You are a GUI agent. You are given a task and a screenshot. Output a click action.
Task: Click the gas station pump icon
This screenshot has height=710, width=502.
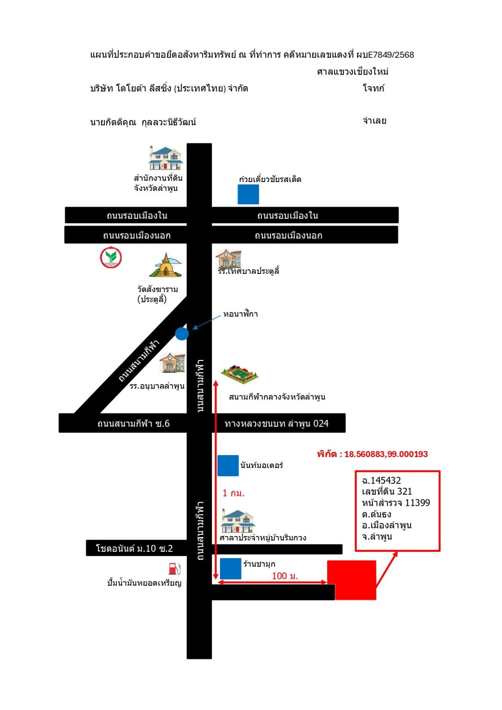click(174, 568)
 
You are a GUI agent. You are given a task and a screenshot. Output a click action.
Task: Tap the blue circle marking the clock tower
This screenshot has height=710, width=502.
click(182, 333)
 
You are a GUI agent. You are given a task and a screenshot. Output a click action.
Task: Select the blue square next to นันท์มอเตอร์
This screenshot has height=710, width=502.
click(228, 466)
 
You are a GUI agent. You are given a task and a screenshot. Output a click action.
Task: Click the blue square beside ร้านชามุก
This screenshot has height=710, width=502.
click(231, 569)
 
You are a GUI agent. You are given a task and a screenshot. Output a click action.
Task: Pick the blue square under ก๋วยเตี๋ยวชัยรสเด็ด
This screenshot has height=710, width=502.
click(248, 195)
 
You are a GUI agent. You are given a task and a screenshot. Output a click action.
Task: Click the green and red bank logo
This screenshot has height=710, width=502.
click(111, 258)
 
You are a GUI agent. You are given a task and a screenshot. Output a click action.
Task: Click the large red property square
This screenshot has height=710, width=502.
click(351, 580)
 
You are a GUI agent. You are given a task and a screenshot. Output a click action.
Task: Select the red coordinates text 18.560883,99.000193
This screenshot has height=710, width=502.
click(386, 454)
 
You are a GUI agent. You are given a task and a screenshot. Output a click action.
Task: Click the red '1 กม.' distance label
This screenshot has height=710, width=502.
click(233, 493)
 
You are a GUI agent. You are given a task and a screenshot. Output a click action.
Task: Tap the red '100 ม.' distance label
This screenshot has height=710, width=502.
click(285, 576)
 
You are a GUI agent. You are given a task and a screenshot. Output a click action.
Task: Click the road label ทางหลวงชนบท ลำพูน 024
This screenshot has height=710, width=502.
click(277, 423)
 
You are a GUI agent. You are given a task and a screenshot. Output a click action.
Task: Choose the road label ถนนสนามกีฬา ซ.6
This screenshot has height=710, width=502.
click(134, 423)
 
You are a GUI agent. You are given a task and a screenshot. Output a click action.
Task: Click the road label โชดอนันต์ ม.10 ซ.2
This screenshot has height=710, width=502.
click(134, 549)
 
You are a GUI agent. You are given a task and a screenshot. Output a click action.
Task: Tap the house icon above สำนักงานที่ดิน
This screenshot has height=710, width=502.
click(165, 158)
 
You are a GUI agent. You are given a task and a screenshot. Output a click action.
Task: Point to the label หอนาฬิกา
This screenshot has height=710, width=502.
click(241, 314)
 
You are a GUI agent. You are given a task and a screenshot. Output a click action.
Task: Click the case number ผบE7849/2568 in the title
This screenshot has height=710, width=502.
click(385, 55)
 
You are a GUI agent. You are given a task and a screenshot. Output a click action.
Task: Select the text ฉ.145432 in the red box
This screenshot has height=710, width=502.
click(381, 480)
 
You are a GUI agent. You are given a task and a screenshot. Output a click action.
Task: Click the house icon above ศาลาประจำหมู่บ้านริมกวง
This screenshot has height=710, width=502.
click(238, 521)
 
